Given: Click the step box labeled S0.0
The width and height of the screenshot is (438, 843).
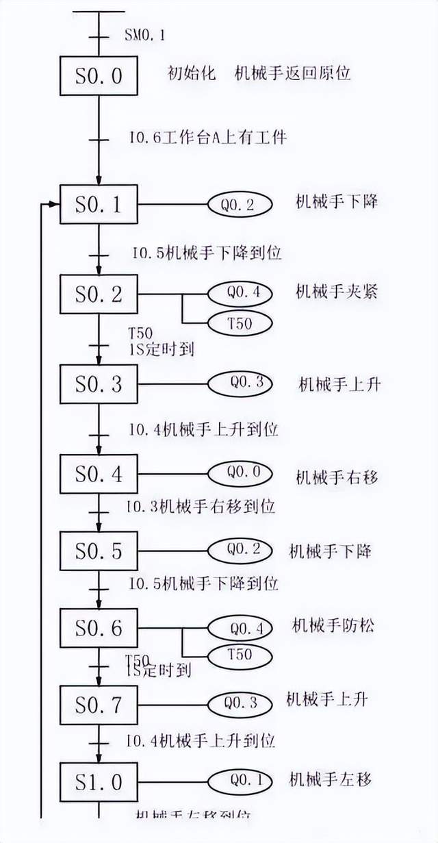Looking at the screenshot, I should click(99, 75).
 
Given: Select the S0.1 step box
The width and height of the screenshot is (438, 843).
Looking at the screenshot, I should click(99, 204).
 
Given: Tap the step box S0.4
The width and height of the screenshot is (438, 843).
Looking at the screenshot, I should click(99, 473).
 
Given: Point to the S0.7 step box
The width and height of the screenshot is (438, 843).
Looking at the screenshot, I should click(99, 704).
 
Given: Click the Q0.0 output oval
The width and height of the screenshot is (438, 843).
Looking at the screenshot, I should click(240, 473).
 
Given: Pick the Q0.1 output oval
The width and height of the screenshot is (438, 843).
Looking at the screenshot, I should click(240, 779).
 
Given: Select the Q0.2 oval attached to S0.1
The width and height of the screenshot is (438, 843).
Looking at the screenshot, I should click(240, 204).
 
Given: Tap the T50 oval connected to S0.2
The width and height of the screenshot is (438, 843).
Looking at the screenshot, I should click(240, 323).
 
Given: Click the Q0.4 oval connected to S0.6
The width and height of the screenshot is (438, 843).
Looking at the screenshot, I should click(240, 627).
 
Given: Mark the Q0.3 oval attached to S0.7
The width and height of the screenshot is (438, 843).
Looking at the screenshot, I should click(240, 703).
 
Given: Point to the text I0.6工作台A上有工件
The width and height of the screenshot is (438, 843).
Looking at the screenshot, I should click(207, 138).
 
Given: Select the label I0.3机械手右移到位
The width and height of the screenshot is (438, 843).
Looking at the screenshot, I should click(200, 507).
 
